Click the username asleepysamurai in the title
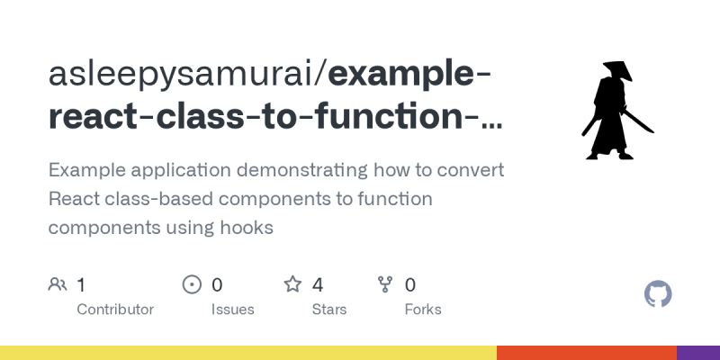tap(184, 76)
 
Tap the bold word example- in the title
tap(410, 76)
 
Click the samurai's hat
tap(616, 69)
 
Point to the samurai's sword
tap(642, 121)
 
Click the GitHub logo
tap(659, 294)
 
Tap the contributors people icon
tap(58, 285)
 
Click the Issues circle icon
tap(192, 285)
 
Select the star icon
tap(292, 285)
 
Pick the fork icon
tap(385, 285)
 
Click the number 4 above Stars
tap(318, 285)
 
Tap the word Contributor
tap(115, 310)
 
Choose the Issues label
tap(232, 310)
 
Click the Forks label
tap(423, 310)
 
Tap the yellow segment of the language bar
tap(247, 353)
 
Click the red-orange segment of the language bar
tap(586, 353)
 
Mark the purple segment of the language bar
tap(698, 353)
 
